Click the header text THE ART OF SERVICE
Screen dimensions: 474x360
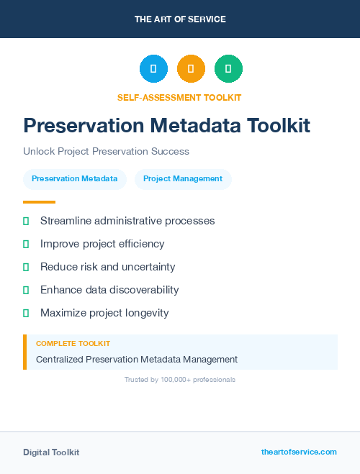180,19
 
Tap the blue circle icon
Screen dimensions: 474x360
153,69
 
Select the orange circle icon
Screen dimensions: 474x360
191,69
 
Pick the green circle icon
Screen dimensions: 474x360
228,69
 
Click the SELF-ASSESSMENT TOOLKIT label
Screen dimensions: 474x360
180,97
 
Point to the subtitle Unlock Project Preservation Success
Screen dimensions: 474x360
106,152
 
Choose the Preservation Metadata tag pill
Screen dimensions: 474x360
75,179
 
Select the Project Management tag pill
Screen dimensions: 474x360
183,179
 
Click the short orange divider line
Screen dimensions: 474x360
39,202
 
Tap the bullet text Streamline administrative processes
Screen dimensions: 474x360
127,221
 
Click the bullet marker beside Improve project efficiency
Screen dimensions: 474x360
26,244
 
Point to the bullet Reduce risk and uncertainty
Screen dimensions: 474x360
107,267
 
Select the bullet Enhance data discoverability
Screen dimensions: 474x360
109,290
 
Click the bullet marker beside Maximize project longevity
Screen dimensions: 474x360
26,313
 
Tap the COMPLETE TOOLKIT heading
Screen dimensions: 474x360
73,344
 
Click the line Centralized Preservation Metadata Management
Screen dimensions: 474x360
137,359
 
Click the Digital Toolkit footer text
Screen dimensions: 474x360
51,452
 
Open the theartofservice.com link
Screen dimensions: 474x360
299,452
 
